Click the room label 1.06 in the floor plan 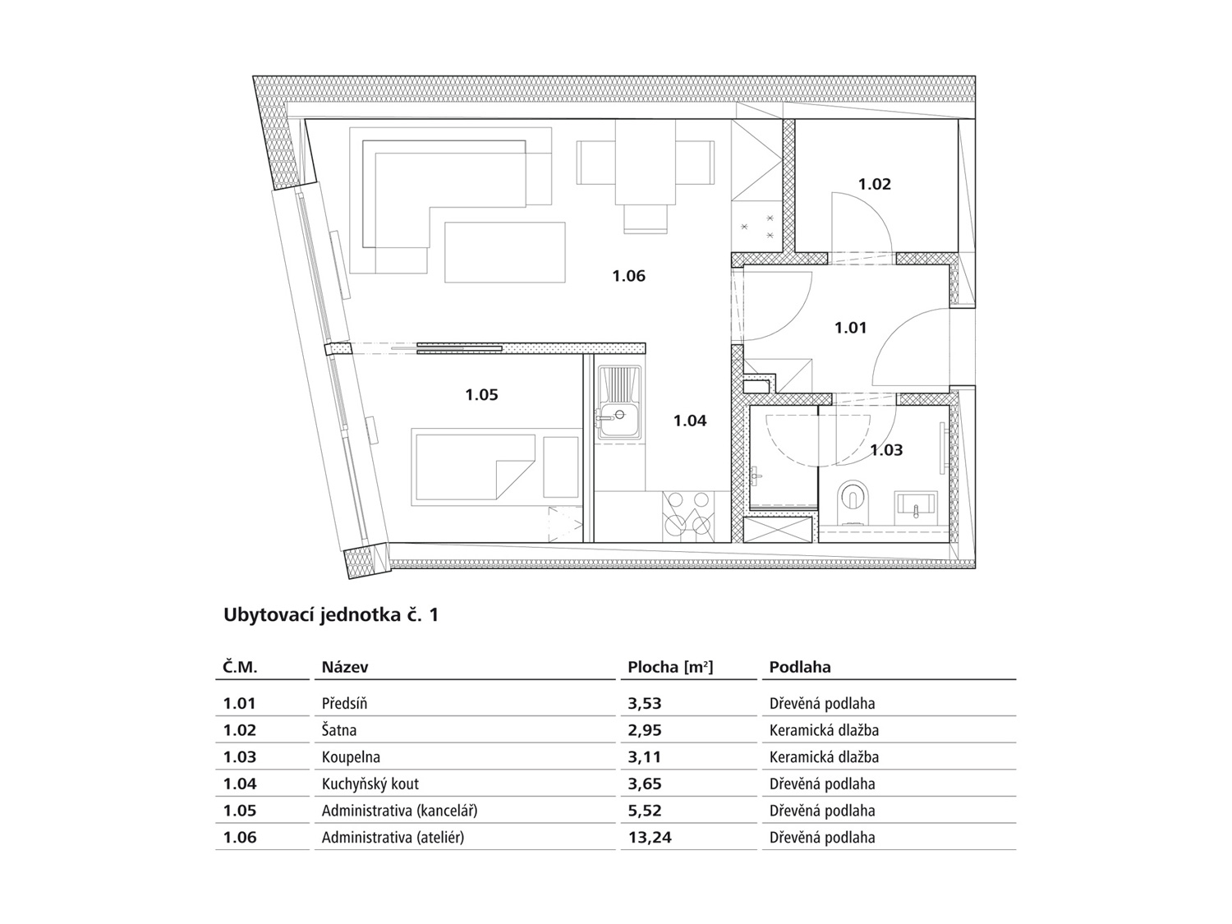628,276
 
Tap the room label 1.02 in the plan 874,184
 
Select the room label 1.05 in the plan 481,394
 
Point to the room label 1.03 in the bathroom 886,449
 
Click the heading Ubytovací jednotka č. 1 331,614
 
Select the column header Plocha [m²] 670,667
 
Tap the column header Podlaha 800,667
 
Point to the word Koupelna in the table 351,757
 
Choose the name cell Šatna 339,730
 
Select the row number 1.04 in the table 240,784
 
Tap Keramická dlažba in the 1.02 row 824,730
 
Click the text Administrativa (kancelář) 399,811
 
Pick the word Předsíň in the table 344,703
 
